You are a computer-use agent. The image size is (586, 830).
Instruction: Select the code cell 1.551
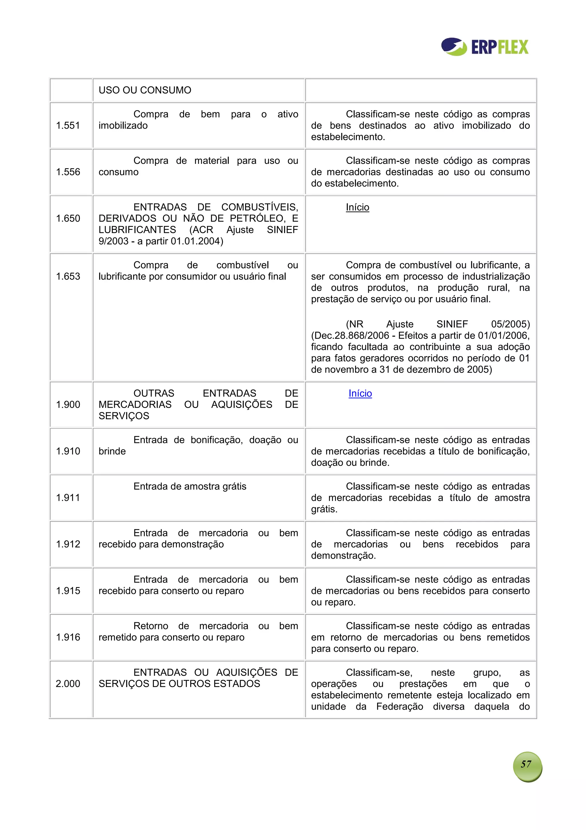(68, 125)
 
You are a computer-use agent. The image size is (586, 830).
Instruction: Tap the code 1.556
(68, 172)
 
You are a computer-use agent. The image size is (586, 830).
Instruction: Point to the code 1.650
(68, 218)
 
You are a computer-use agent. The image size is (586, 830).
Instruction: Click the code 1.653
(68, 276)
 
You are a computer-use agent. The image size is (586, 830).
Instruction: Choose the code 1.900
(68, 405)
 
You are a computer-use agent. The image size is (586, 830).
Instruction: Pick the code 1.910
(68, 451)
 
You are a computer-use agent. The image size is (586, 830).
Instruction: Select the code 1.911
(68, 498)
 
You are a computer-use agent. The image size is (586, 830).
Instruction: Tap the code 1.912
(68, 544)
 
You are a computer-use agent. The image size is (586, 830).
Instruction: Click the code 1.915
(68, 591)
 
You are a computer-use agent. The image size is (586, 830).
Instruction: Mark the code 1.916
(68, 637)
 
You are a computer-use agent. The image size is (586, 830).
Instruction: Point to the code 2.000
(68, 684)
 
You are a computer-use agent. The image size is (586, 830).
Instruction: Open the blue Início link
(360, 393)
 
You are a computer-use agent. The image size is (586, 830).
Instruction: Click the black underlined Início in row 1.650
(357, 207)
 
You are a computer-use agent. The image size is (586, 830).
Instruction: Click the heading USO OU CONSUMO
(145, 90)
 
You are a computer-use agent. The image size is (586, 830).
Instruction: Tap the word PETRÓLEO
(257, 218)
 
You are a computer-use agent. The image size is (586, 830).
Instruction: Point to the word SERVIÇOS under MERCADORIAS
(124, 416)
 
